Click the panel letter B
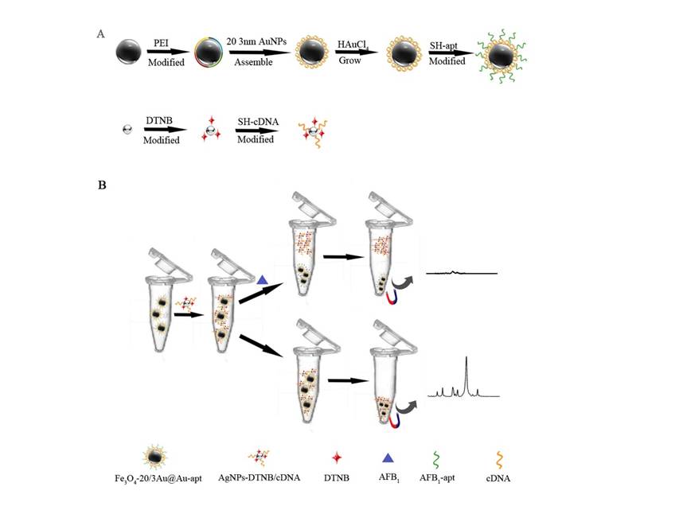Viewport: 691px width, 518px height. pyautogui.click(x=102, y=185)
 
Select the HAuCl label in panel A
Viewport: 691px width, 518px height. pyautogui.click(x=352, y=47)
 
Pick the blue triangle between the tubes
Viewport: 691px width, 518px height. pyautogui.click(x=263, y=279)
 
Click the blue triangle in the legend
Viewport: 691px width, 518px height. pyautogui.click(x=388, y=458)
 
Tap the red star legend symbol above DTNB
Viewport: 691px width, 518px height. pyautogui.click(x=337, y=458)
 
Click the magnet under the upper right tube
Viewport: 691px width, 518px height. pyautogui.click(x=391, y=297)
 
